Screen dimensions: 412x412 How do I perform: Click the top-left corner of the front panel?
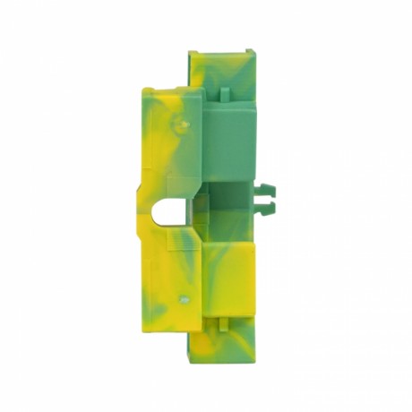click(x=144, y=90)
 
